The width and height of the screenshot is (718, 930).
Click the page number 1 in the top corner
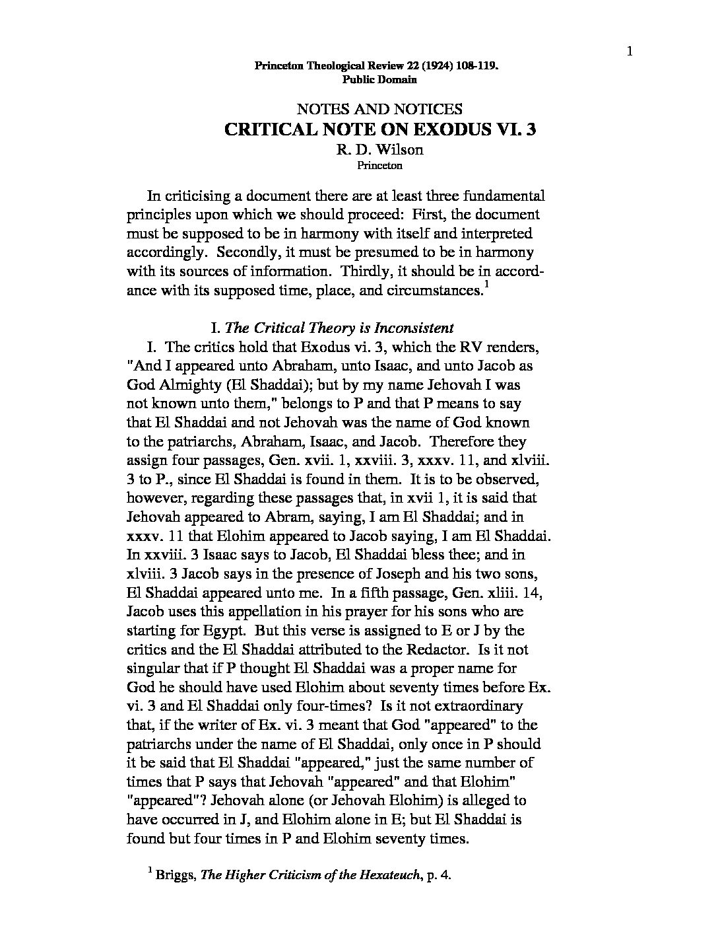[630, 52]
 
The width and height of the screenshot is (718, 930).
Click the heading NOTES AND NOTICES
[379, 109]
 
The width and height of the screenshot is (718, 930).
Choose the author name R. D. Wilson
[379, 149]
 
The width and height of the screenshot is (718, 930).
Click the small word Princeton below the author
[379, 166]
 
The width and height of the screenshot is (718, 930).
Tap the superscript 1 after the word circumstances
[486, 284]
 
